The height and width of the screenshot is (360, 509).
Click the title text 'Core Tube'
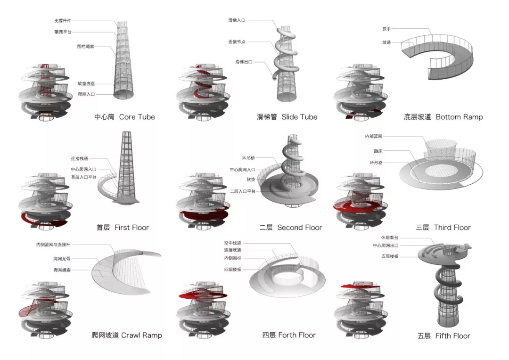coord(137,117)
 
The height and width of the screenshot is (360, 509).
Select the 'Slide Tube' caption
coord(300,117)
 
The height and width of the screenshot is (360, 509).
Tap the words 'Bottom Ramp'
coord(459,117)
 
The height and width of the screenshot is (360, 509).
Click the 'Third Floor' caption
coord(452,228)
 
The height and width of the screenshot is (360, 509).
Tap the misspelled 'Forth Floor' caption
coord(297,335)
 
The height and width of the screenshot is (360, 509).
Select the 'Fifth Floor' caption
coord(452,336)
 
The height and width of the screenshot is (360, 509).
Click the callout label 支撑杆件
coord(62,21)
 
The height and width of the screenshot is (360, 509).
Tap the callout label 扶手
coord(386,29)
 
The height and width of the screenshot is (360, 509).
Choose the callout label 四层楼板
coord(233,269)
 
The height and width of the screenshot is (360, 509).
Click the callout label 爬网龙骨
coord(61,259)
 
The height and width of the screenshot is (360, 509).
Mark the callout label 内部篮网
coord(374,136)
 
